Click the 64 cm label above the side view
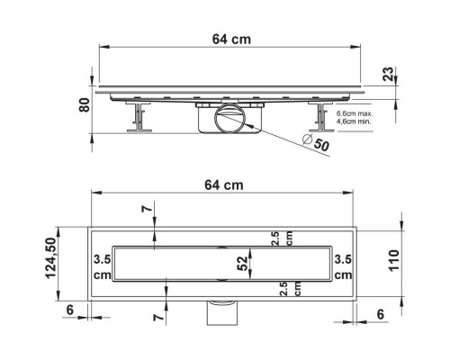231,40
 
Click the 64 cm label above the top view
224,185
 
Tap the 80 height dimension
85,105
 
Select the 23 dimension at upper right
388,74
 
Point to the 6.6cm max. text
355,113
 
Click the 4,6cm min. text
354,121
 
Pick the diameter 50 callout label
316,143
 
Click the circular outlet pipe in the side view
229,118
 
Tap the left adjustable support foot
139,117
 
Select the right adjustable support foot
321,117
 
